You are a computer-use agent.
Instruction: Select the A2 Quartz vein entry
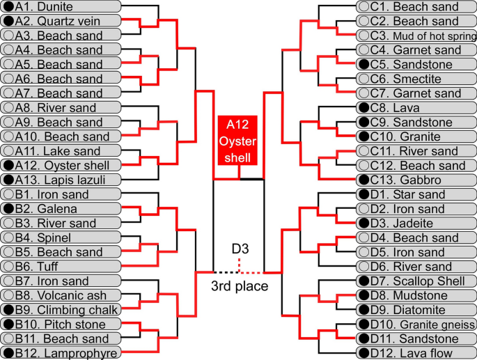(x=61, y=21)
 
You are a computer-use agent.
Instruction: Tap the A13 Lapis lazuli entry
(x=61, y=180)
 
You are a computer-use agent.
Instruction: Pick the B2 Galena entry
(x=61, y=209)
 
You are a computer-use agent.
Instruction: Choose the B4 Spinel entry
(x=61, y=237)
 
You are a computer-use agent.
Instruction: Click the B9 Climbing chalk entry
(x=61, y=310)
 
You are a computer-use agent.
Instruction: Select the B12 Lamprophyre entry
(x=61, y=353)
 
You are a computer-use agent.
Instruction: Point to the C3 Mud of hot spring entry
(x=415, y=36)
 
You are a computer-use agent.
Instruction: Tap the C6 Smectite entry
(x=415, y=79)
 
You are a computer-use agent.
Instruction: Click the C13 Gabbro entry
(x=415, y=180)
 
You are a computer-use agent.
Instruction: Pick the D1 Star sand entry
(x=415, y=194)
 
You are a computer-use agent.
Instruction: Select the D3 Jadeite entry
(x=415, y=224)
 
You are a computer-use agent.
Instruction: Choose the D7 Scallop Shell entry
(x=415, y=281)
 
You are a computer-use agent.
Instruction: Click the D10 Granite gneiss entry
(x=415, y=324)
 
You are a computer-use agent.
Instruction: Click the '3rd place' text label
(x=239, y=285)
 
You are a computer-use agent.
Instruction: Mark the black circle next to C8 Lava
(x=363, y=108)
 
